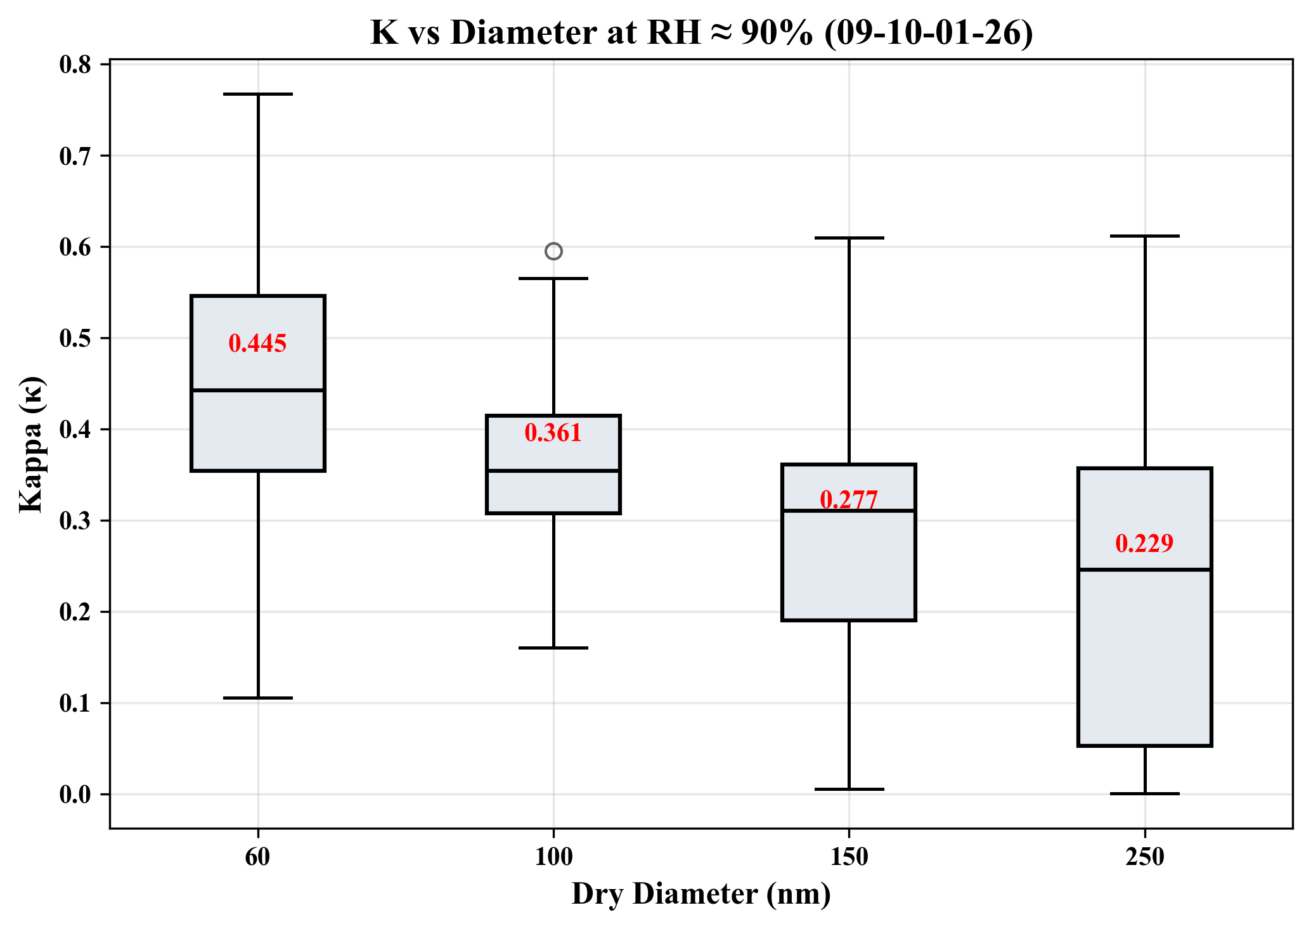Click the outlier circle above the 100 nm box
click(553, 252)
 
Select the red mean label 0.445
click(257, 343)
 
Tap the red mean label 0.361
click(553, 433)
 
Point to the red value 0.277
click(849, 499)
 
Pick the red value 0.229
click(1144, 543)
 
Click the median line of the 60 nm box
click(258, 390)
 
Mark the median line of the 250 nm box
click(1145, 570)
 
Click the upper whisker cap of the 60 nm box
click(258, 94)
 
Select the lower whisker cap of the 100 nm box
click(553, 648)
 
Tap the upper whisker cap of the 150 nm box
click(849, 238)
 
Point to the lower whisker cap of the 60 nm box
click(258, 698)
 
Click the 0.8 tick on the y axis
click(75, 65)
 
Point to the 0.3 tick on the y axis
click(75, 521)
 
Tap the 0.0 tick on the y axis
click(75, 795)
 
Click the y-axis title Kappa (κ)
click(30, 444)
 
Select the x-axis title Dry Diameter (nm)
click(701, 894)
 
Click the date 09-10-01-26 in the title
click(929, 33)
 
